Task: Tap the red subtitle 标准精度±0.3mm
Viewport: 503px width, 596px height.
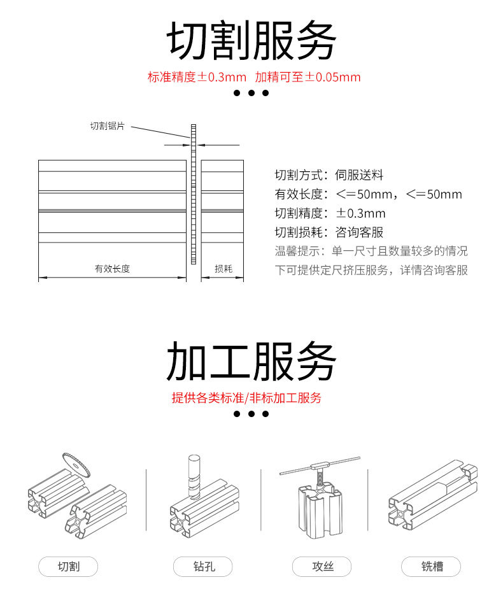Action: point(197,78)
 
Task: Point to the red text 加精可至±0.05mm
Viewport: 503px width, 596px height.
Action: point(308,78)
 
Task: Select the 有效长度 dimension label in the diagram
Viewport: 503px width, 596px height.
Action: point(112,269)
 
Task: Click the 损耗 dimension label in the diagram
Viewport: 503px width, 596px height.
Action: point(223,269)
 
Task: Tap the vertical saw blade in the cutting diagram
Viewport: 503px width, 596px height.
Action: point(193,197)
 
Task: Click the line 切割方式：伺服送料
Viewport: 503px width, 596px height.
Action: point(329,175)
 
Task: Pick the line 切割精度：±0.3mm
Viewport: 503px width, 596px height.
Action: point(330,213)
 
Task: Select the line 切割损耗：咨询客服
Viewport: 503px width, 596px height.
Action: point(329,232)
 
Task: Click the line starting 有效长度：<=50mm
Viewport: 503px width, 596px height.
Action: point(368,194)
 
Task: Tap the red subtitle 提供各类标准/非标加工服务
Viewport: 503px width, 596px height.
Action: point(246,398)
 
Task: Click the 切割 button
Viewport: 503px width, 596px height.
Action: point(69,566)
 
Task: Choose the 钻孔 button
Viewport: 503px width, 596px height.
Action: point(203,566)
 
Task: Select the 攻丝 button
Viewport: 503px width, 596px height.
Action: point(322,566)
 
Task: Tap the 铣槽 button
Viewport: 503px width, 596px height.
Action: point(431,566)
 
